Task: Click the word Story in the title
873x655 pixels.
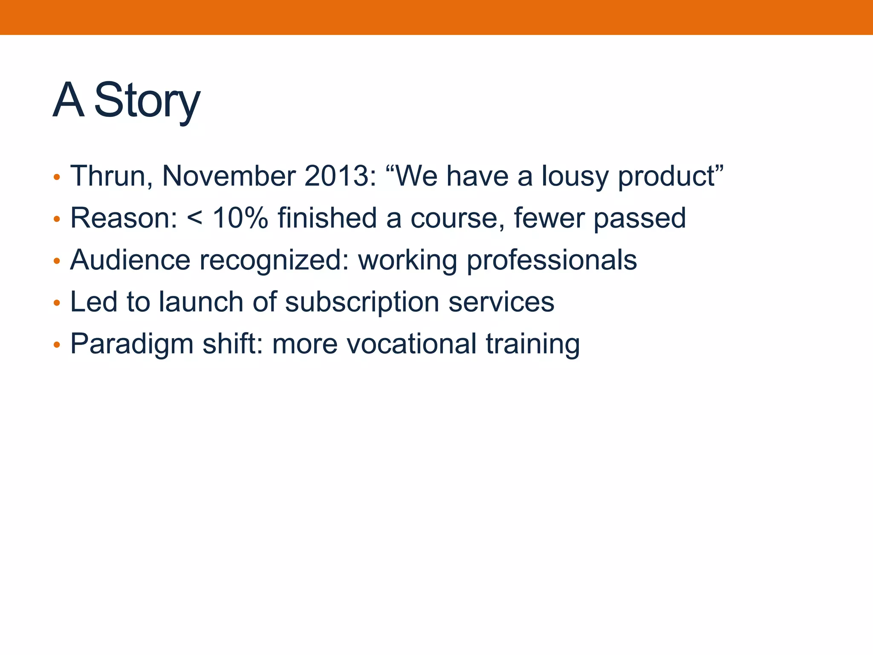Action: coord(147,101)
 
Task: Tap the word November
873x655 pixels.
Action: coord(229,176)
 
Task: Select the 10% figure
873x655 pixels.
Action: coord(240,218)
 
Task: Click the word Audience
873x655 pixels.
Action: coord(130,260)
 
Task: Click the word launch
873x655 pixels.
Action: coord(201,302)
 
